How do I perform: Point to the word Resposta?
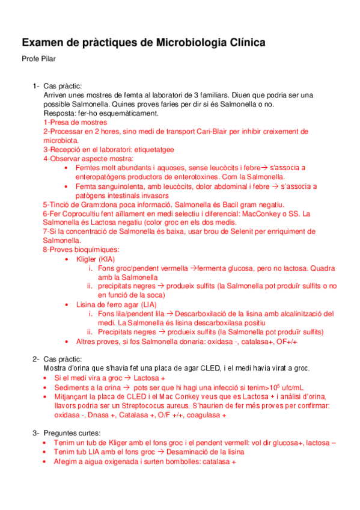coord(59,113)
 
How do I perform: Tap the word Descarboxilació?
coord(206,313)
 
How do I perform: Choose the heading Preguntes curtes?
coord(72,433)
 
